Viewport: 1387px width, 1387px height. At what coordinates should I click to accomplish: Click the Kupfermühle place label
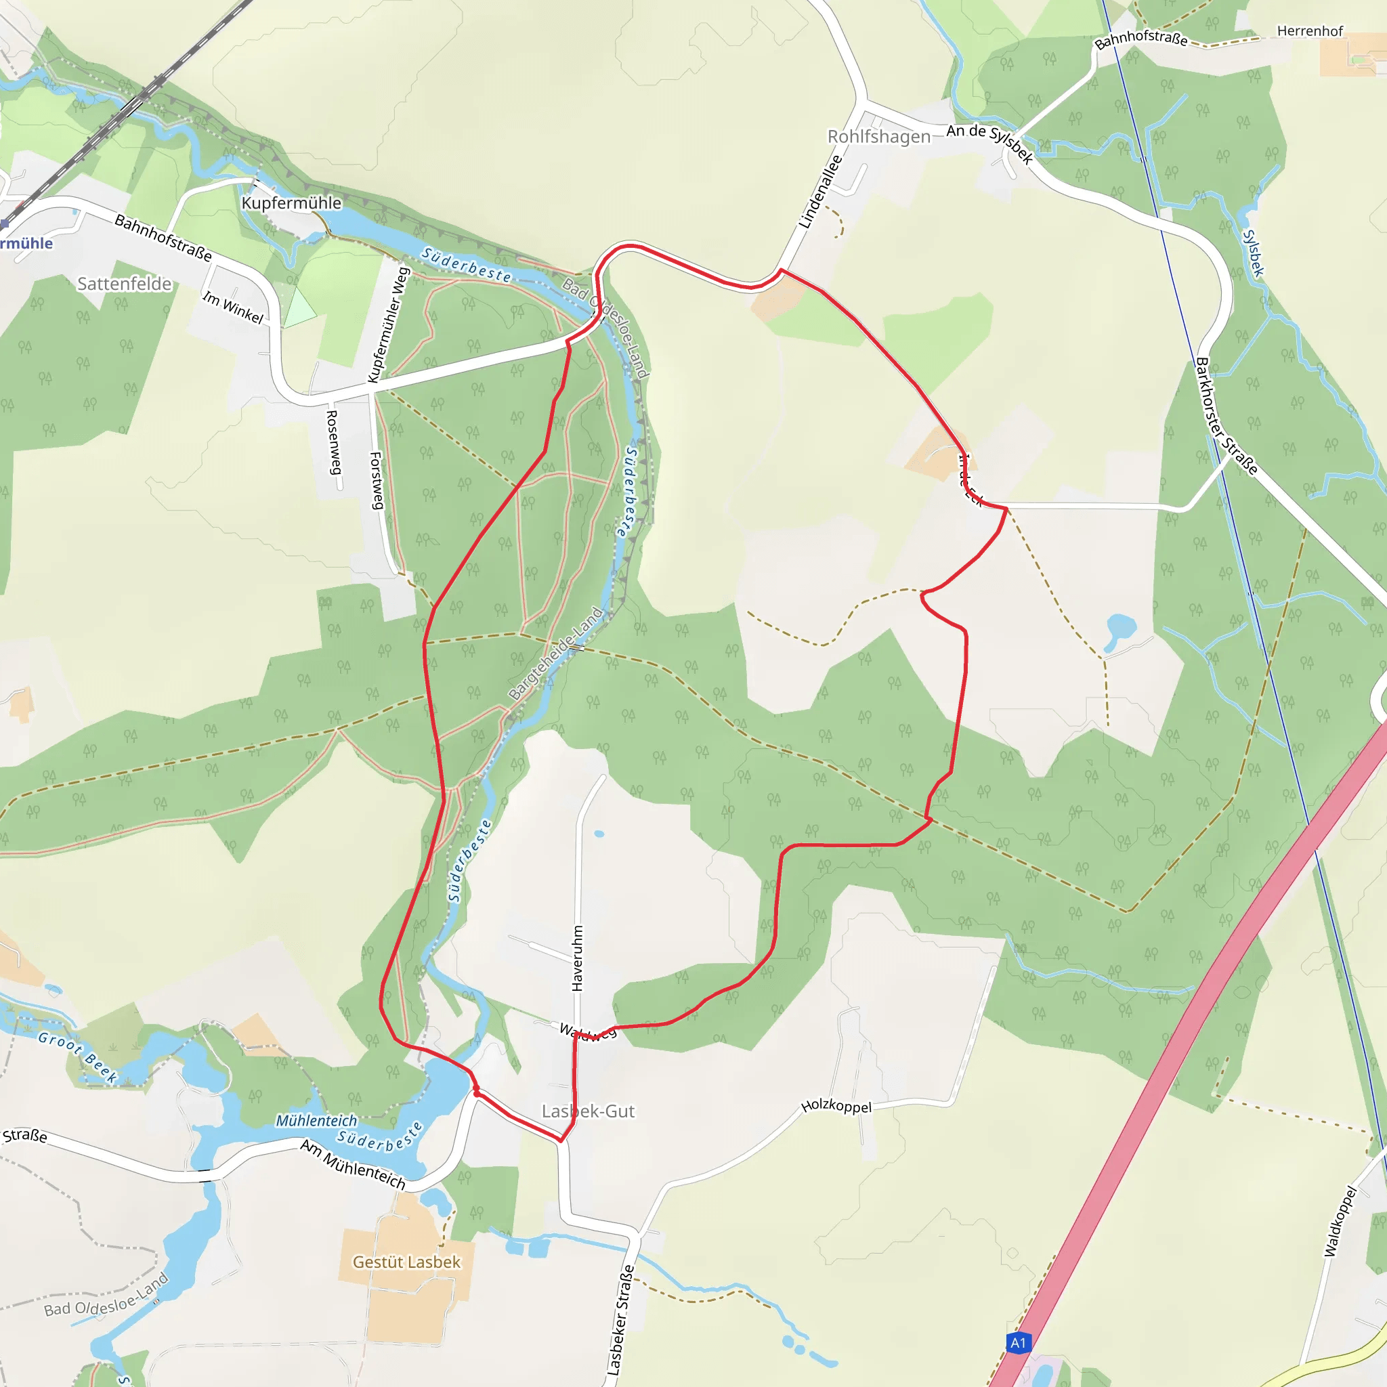(x=291, y=203)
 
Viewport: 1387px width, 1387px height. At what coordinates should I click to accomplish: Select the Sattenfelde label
(x=124, y=284)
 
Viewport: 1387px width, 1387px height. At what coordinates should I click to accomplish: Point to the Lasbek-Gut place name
(x=588, y=1111)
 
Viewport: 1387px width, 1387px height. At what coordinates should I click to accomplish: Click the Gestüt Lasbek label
(x=406, y=1262)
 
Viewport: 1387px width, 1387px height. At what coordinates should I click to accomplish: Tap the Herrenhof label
(x=1310, y=31)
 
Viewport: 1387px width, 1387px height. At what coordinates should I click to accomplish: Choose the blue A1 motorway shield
(x=1018, y=1342)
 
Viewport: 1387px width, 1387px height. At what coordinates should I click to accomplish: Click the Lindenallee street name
(x=820, y=192)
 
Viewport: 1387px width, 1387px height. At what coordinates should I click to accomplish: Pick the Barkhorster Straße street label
(x=1226, y=416)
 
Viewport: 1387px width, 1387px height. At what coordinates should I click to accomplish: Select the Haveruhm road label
(x=578, y=958)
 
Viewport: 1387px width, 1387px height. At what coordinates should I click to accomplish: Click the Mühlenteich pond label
(x=316, y=1121)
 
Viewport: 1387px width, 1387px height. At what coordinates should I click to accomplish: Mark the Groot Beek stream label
(x=77, y=1057)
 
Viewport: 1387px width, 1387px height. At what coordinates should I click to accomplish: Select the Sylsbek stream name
(x=1253, y=253)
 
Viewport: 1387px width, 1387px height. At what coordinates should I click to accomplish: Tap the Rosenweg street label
(x=334, y=442)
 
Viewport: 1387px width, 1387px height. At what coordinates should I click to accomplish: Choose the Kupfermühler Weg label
(x=388, y=324)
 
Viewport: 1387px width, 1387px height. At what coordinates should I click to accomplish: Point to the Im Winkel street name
(x=232, y=307)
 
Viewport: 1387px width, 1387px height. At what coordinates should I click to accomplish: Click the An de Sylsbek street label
(x=989, y=142)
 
